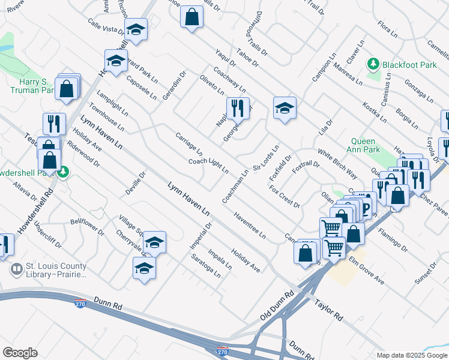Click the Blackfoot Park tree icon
point(373,64)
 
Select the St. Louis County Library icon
point(17,270)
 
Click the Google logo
point(20,353)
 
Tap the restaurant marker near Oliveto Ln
point(238,109)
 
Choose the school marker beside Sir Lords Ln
point(285,109)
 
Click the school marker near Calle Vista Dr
point(136,29)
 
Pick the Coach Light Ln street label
point(208,165)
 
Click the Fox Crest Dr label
point(285,196)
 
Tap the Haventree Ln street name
point(250,226)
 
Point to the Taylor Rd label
point(330,307)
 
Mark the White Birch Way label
point(337,164)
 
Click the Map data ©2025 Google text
point(412,355)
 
